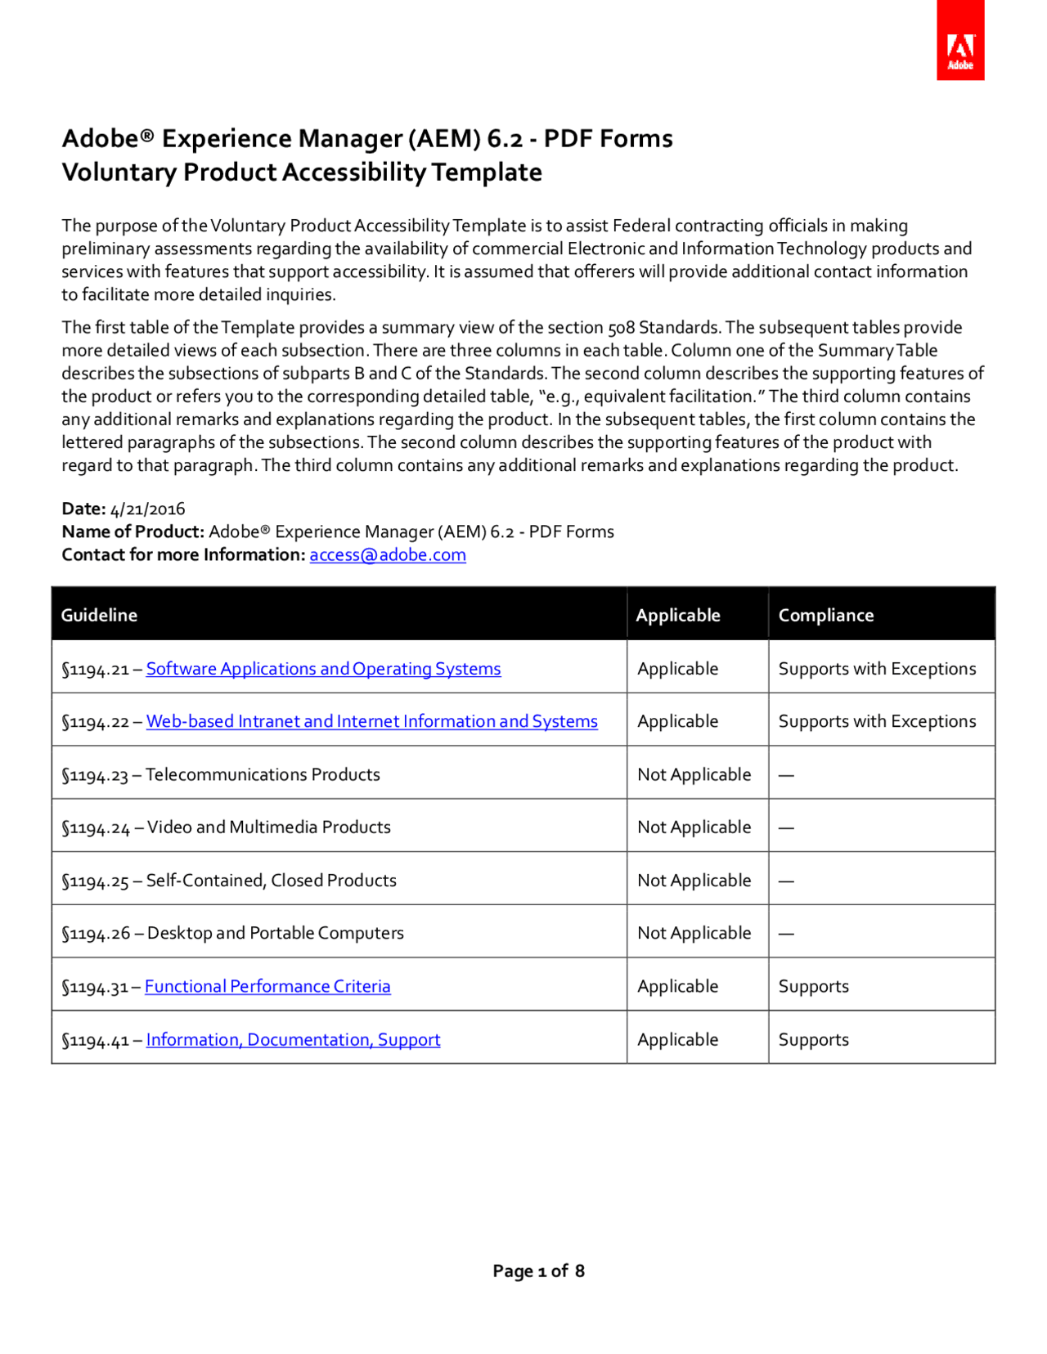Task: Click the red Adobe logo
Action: point(959,41)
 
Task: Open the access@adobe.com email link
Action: point(388,555)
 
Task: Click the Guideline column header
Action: point(99,615)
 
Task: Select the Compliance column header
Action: point(825,615)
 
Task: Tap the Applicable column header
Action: point(678,615)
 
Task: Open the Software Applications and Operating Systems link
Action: point(323,669)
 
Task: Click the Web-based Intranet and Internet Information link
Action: point(371,721)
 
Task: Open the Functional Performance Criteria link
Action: point(267,986)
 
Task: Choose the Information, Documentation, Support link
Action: point(293,1039)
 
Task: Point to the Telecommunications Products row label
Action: point(263,774)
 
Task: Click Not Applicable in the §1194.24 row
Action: point(694,827)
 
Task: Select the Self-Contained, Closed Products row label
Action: point(271,881)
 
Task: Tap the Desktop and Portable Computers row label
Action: point(275,933)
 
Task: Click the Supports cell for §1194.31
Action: point(813,986)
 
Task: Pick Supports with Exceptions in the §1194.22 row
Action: point(877,721)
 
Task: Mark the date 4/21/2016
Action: point(147,509)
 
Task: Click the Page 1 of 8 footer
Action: point(538,1271)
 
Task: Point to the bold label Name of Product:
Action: point(133,531)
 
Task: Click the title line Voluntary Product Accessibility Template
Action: point(302,173)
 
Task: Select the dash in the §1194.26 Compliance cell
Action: point(786,934)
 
